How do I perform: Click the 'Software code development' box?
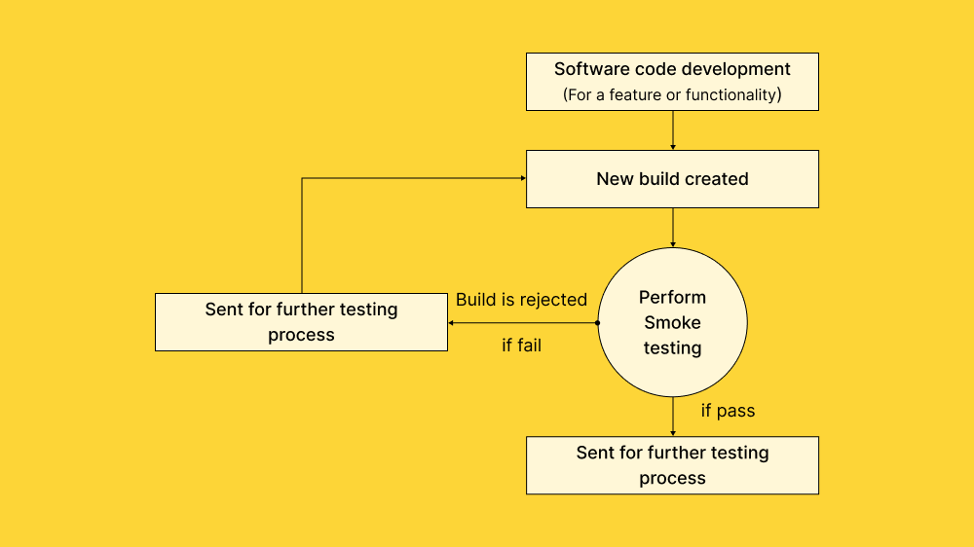pyautogui.click(x=672, y=82)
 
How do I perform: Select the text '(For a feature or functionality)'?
pyautogui.click(x=672, y=95)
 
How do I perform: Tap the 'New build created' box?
pyautogui.click(x=672, y=179)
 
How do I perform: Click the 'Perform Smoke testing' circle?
pyautogui.click(x=672, y=322)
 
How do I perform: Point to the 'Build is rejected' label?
pyautogui.click(x=521, y=300)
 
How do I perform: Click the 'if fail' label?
pyautogui.click(x=521, y=346)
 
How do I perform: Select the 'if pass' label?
pyautogui.click(x=728, y=411)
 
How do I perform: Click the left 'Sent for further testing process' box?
pyautogui.click(x=301, y=322)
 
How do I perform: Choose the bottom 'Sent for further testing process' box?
pyautogui.click(x=672, y=465)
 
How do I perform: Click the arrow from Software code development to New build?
pyautogui.click(x=673, y=129)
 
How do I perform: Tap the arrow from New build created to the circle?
pyautogui.click(x=673, y=227)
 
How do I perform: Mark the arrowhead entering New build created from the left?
pyautogui.click(x=522, y=178)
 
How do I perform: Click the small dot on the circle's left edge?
pyautogui.click(x=597, y=322)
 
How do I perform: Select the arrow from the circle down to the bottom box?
pyautogui.click(x=673, y=416)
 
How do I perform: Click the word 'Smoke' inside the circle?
pyautogui.click(x=672, y=322)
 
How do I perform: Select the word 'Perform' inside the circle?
pyautogui.click(x=672, y=297)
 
